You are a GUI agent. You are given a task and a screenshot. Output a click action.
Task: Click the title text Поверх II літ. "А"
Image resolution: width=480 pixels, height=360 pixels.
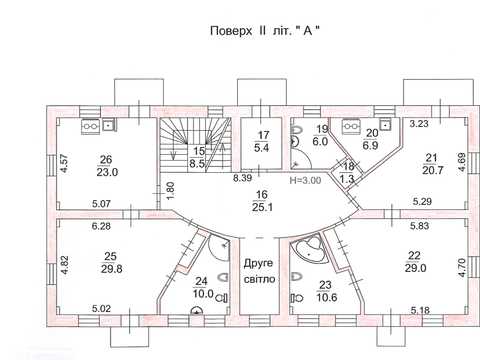click(x=265, y=31)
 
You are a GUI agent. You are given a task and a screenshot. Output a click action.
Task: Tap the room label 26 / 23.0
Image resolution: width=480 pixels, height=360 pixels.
click(x=107, y=166)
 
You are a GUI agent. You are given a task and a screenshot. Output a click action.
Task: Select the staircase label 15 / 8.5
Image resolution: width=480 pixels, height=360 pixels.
click(x=197, y=157)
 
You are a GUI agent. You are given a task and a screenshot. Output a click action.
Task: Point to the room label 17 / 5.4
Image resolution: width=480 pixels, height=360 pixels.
click(x=262, y=141)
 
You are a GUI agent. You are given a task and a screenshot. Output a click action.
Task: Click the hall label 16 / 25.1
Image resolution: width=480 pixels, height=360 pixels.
click(x=262, y=201)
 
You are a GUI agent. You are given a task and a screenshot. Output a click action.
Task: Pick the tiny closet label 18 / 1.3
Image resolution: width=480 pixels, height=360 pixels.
click(x=347, y=173)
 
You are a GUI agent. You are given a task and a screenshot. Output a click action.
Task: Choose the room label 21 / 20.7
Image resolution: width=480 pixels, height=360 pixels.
click(x=432, y=164)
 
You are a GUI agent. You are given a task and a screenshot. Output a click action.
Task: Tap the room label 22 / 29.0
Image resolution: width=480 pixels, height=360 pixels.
click(x=415, y=262)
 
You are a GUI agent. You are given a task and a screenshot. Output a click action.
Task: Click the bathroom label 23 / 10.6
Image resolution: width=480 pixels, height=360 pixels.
click(x=327, y=291)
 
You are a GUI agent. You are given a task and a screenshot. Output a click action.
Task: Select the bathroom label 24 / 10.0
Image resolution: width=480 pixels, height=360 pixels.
click(x=203, y=287)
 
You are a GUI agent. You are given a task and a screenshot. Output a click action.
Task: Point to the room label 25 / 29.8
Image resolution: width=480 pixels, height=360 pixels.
click(x=111, y=262)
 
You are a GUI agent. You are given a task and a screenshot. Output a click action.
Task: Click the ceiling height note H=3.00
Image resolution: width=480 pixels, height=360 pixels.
click(x=305, y=181)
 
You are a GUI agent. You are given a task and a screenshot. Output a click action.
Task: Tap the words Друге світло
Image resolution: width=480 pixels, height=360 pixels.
click(x=260, y=271)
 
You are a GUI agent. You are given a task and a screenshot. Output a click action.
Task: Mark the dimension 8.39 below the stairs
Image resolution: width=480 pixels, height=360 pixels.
click(x=242, y=178)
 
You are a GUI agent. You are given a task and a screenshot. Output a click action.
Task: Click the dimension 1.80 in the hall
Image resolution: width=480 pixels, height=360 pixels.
click(x=170, y=191)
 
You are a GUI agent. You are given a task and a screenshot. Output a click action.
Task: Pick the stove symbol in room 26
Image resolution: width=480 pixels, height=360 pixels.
click(x=91, y=126)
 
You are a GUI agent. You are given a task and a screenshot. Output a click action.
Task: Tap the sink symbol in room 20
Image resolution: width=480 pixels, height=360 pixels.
click(x=385, y=125)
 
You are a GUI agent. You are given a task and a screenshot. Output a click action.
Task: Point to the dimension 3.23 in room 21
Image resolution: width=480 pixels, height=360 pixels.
click(x=419, y=124)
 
